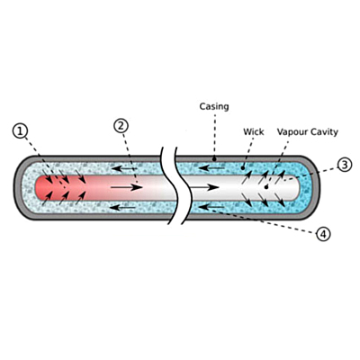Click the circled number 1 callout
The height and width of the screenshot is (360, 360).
tap(21, 131)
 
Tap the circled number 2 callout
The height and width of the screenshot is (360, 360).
tap(121, 126)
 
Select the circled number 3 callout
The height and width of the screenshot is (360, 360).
tap(345, 165)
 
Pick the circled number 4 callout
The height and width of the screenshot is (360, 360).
tap(323, 234)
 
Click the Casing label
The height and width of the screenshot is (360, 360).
tap(214, 107)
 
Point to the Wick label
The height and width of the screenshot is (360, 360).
tap(254, 131)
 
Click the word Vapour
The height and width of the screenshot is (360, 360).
tap(291, 132)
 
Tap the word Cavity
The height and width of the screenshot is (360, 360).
tap(323, 132)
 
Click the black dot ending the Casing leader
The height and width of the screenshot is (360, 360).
tap(214, 158)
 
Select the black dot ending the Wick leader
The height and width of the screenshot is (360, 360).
tap(242, 168)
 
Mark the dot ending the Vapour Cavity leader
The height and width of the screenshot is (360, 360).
tap(266, 187)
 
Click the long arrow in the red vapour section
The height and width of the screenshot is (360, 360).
tap(126, 187)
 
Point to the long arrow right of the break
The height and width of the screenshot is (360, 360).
tap(204, 187)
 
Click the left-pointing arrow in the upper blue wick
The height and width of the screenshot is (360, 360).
tap(211, 167)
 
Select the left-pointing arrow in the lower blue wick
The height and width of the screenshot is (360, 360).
tap(211, 207)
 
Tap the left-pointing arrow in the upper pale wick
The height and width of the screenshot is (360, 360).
tap(124, 169)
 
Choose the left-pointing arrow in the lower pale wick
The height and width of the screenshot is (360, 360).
tap(122, 207)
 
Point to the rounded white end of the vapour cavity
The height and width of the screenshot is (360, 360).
tap(295, 187)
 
